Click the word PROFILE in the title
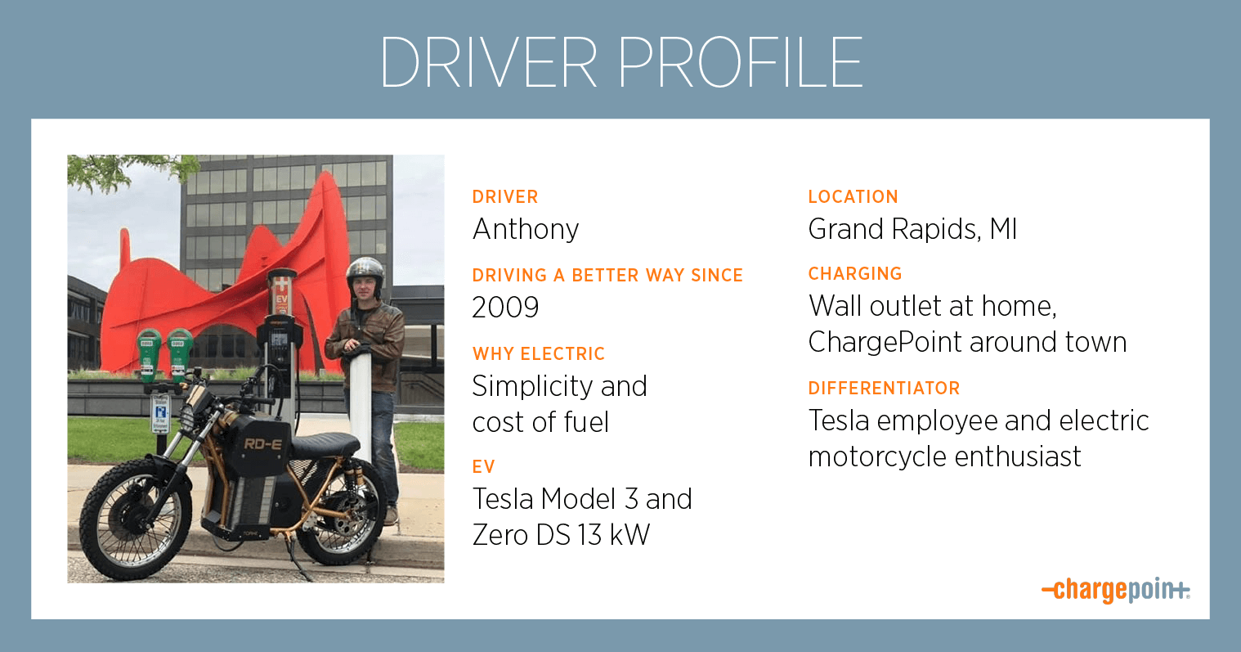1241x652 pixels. pos(740,61)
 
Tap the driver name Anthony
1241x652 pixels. pos(525,230)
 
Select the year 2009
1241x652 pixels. pos(505,307)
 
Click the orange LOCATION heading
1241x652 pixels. pos(853,197)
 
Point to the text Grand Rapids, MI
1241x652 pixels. pos(912,229)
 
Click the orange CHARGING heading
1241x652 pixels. pos(855,273)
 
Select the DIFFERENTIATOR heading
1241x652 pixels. pos(884,388)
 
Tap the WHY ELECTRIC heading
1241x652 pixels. pos(539,353)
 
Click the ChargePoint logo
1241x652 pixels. pos(1115,590)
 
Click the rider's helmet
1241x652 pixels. pos(365,272)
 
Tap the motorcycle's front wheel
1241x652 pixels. pos(132,519)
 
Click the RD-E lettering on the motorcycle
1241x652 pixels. pos(262,444)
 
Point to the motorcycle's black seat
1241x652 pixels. pos(325,444)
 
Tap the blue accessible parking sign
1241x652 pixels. pos(161,415)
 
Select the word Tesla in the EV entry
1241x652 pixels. pos(503,499)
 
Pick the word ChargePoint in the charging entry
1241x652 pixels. pos(885,343)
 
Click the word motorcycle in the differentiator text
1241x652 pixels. pos(876,456)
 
